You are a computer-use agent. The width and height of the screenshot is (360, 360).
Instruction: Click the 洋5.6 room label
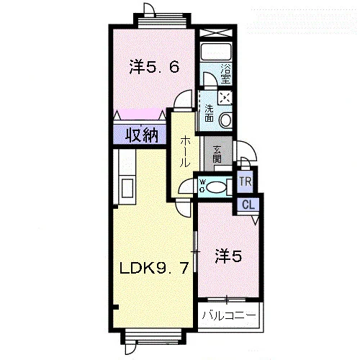[154, 67]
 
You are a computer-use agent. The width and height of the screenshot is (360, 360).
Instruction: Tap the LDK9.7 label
[154, 268]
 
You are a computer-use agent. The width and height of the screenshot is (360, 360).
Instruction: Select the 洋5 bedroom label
[228, 256]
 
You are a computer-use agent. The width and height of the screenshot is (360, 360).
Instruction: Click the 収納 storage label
[142, 135]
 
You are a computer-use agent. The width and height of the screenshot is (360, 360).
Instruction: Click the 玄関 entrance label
[217, 154]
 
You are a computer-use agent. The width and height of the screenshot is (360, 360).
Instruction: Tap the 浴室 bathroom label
[226, 73]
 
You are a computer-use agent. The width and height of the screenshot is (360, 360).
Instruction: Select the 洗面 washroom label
[209, 113]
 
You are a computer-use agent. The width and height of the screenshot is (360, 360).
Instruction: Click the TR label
[246, 181]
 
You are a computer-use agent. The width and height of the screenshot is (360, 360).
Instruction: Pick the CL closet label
[248, 204]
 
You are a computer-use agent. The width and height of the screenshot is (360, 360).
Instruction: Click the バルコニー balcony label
[229, 315]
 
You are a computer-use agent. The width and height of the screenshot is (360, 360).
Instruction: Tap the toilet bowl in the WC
[217, 187]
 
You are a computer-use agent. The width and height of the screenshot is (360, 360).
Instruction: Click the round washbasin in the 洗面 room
[226, 120]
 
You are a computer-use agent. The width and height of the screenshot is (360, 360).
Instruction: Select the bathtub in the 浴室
[216, 52]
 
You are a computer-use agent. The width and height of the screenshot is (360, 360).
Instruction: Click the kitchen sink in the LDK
[127, 189]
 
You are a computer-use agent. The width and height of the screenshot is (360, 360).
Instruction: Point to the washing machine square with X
[225, 98]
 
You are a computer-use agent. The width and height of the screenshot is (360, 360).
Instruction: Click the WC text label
[202, 185]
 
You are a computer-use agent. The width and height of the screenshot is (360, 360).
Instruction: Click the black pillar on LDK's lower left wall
[116, 307]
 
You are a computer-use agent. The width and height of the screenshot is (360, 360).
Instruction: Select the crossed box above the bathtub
[216, 32]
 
